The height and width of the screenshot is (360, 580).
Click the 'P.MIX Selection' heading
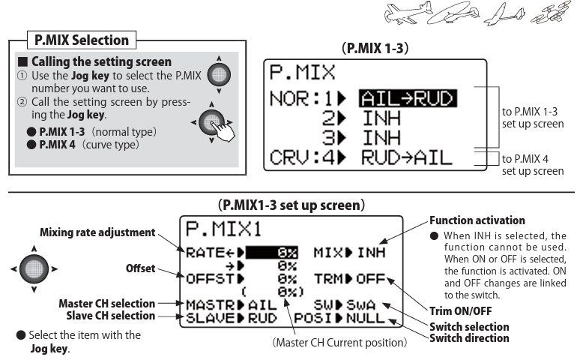pos(82,40)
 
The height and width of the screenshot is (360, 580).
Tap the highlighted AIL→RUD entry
pos(408,98)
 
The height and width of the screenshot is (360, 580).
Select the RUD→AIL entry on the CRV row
pos(406,157)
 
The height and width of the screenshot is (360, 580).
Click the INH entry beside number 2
pos(381,118)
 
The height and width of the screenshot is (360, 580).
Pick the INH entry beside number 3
pos(381,138)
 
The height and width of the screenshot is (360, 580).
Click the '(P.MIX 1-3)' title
pos(375,48)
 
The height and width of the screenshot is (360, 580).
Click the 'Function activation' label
pos(477,220)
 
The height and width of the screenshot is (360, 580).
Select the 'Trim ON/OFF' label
pos(461,311)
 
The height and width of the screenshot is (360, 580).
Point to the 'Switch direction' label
pos(469,338)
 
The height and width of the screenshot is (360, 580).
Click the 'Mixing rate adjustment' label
pos(97,232)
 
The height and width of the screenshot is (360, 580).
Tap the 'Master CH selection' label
pos(107,303)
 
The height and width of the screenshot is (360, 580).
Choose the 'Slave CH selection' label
pos(111,316)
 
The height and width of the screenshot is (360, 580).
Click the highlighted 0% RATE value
pos(271,253)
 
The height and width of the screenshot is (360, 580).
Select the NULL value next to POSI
pos(366,318)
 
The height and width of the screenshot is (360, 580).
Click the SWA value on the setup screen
pos(360,304)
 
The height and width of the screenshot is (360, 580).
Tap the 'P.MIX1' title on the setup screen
pos(223,229)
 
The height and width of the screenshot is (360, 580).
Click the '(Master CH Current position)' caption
pos(339,343)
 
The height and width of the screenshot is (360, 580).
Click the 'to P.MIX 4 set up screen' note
pos(533,165)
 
